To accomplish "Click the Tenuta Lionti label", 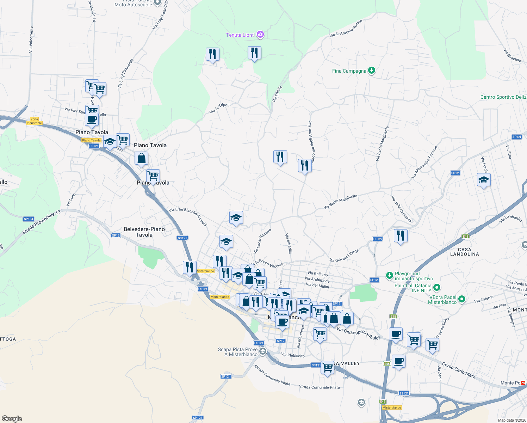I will (x=240, y=35).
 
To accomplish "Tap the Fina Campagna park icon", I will (x=371, y=70).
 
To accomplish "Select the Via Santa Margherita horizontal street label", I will (x=340, y=202).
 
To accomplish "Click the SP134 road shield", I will (x=29, y=219).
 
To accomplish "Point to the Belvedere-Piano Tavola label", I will (x=144, y=232).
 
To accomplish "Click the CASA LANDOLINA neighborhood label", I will (x=464, y=252).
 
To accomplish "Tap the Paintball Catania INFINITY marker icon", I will (x=437, y=288).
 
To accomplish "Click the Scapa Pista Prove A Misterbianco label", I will (x=238, y=352).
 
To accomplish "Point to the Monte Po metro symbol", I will (x=523, y=382).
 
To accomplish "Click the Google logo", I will (x=12, y=418).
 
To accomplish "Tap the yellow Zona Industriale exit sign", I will (x=34, y=121).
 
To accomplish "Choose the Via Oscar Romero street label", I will (x=262, y=241).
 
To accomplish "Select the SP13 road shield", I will (x=116, y=235).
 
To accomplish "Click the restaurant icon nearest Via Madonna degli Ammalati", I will (x=305, y=165).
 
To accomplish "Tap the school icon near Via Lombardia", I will (x=484, y=180).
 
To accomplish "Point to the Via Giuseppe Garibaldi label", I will (x=358, y=334).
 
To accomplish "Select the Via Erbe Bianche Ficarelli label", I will (x=188, y=216).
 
